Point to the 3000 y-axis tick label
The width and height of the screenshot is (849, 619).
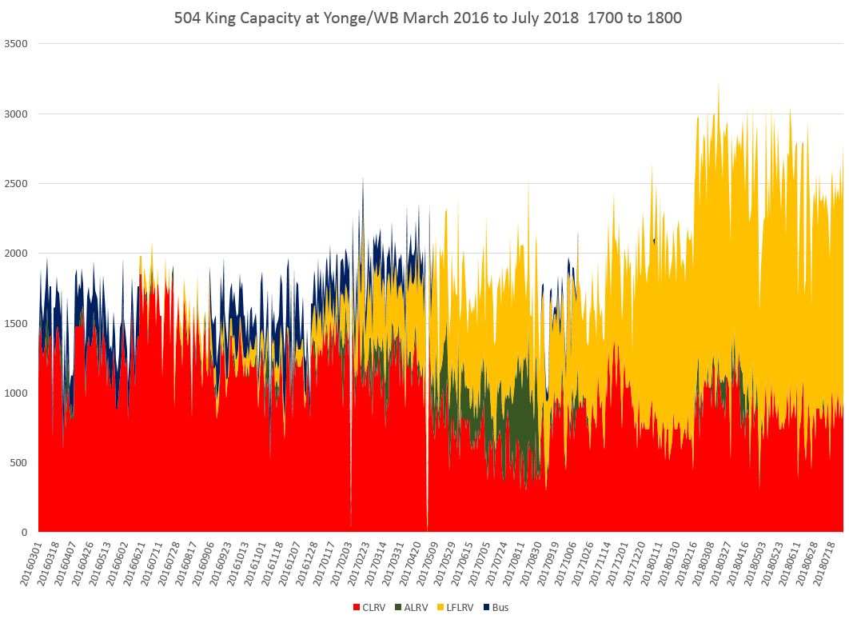pyautogui.click(x=16, y=114)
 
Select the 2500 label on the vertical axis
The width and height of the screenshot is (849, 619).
pyautogui.click(x=16, y=183)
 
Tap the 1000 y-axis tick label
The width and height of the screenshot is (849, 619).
pyautogui.click(x=16, y=393)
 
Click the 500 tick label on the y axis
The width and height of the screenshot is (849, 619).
pyautogui.click(x=18, y=462)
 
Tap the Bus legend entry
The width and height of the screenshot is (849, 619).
pyautogui.click(x=500, y=608)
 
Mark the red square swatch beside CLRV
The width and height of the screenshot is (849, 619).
pyautogui.click(x=357, y=608)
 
